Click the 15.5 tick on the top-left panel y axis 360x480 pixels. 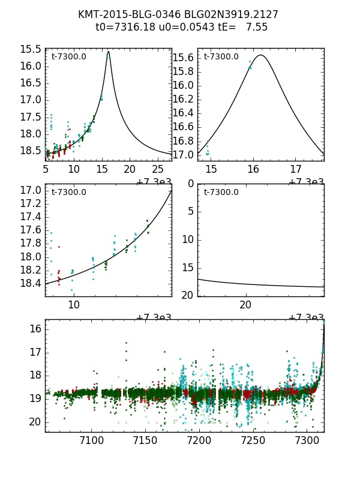(31, 49)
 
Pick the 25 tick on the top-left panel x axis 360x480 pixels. (158, 170)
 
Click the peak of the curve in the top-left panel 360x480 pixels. (108, 52)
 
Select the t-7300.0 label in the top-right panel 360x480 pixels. (221, 57)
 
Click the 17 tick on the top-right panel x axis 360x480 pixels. (296, 170)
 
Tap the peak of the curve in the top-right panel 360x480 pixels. (261, 55)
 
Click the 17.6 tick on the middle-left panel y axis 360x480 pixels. (31, 230)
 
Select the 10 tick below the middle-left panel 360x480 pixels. (73, 305)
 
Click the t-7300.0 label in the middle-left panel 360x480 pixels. (68, 193)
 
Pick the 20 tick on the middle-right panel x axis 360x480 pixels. (245, 305)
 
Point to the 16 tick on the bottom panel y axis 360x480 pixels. (34, 329)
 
